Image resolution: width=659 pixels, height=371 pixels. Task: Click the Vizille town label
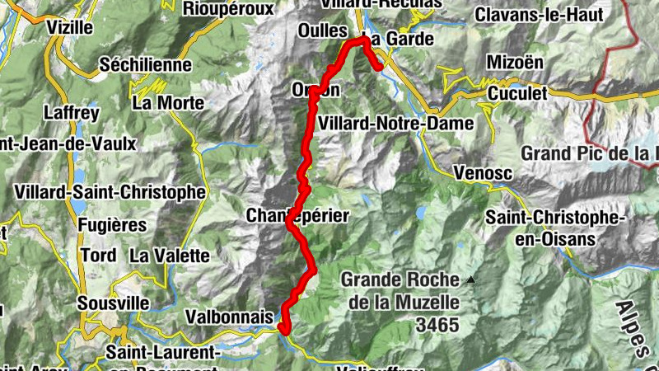70,26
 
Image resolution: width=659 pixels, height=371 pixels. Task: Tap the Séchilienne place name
145,64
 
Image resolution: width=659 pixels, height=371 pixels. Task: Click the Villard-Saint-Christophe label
110,191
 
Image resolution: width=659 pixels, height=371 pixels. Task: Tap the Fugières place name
111,224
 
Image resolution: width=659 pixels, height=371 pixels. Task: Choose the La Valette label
170,255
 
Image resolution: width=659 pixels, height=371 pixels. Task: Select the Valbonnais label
229,317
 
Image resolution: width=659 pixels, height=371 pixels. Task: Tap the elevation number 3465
437,325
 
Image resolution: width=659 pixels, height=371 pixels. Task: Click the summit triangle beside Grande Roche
470,280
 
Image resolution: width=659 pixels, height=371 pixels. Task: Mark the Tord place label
99,255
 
